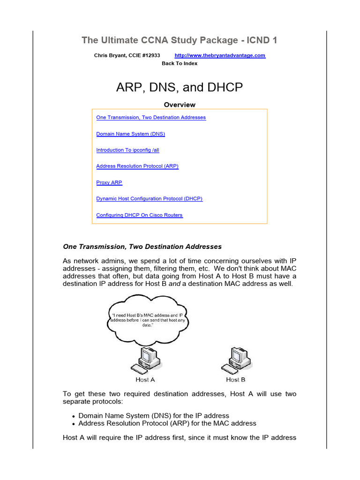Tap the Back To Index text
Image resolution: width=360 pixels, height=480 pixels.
(180, 63)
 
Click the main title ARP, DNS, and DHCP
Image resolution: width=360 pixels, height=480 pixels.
(180, 88)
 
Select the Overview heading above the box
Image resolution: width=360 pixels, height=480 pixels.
(180, 105)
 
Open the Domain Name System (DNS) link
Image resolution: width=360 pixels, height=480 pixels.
(130, 134)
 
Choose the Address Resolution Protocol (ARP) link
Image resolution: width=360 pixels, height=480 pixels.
(137, 166)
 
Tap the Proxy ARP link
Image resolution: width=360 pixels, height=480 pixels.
(109, 183)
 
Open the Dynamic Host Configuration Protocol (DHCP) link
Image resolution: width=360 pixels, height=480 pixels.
(149, 199)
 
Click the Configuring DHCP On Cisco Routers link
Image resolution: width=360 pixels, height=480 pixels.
(139, 215)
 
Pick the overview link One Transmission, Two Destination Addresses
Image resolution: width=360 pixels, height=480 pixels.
(151, 118)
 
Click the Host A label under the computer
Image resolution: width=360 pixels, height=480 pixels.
(145, 379)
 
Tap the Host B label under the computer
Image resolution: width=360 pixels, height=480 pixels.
(235, 379)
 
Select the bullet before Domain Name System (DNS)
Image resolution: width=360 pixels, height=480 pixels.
(74, 416)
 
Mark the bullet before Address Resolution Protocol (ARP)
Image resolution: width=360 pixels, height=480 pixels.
(74, 424)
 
